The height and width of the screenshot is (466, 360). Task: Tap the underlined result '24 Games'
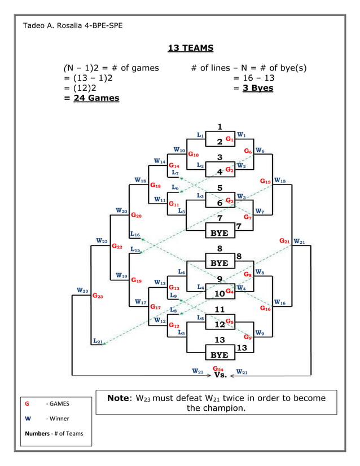click(x=96, y=98)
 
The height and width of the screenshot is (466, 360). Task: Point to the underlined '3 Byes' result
click(x=258, y=88)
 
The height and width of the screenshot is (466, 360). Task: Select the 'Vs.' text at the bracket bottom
click(x=221, y=375)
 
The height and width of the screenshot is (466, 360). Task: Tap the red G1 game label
click(x=230, y=139)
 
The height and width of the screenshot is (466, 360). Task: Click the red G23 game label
click(x=98, y=296)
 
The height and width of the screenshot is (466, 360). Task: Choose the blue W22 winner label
click(x=102, y=241)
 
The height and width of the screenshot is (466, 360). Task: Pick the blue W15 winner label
click(x=280, y=181)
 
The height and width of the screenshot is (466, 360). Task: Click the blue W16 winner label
click(x=280, y=303)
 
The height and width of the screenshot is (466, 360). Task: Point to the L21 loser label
click(x=97, y=341)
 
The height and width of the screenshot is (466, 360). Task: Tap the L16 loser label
click(x=135, y=234)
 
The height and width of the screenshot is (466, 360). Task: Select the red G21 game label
click(x=284, y=241)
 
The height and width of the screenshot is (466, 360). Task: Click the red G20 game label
click(x=136, y=215)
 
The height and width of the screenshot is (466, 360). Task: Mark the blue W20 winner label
click(x=121, y=210)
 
